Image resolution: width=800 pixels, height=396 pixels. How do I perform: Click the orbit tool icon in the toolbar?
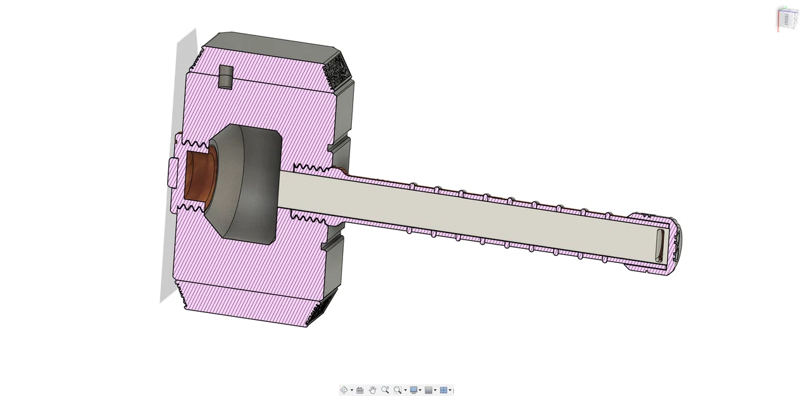point(344,390)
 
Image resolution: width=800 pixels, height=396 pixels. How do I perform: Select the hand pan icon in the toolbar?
point(372,390)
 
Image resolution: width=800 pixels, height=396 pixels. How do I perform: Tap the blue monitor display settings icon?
point(413,390)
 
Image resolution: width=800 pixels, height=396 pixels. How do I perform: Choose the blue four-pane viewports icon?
point(444,390)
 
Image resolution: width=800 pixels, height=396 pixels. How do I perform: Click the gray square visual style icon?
point(428,390)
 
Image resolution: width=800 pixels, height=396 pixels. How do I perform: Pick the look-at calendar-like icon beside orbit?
point(359,390)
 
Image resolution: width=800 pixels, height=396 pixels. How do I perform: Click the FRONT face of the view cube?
point(787,19)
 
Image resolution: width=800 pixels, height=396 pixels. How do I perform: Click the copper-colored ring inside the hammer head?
point(197,177)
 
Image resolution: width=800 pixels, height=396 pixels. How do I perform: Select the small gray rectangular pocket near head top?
point(225,77)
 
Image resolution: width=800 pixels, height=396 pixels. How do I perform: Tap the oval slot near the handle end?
point(659,246)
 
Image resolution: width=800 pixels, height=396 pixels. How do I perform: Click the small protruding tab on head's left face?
point(172,173)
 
